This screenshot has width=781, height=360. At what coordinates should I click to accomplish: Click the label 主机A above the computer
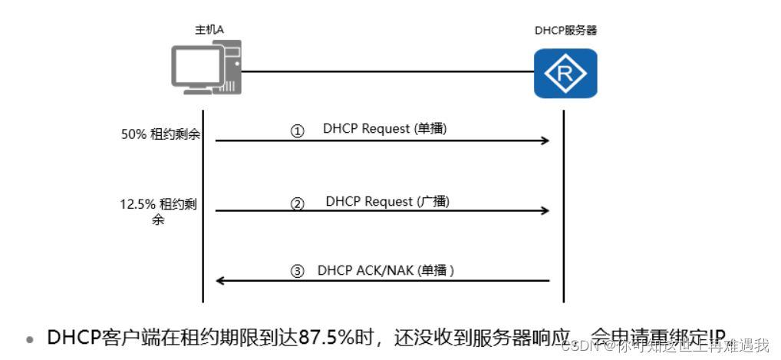click(209, 30)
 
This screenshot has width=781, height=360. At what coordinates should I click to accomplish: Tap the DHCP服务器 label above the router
click(565, 31)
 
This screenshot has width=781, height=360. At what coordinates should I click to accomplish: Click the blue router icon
click(565, 74)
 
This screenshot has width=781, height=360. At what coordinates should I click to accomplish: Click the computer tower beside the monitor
click(231, 68)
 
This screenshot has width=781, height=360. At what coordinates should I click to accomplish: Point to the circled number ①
click(297, 131)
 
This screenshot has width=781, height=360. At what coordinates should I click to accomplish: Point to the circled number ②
click(297, 203)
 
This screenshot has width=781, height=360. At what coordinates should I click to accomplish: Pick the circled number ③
click(297, 272)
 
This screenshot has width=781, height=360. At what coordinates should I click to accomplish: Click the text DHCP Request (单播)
click(384, 129)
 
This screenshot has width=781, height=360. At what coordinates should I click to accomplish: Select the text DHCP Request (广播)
click(387, 201)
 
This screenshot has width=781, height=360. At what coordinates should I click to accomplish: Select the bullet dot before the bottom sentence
click(30, 339)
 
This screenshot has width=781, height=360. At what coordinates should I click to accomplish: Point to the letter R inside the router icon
click(565, 74)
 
